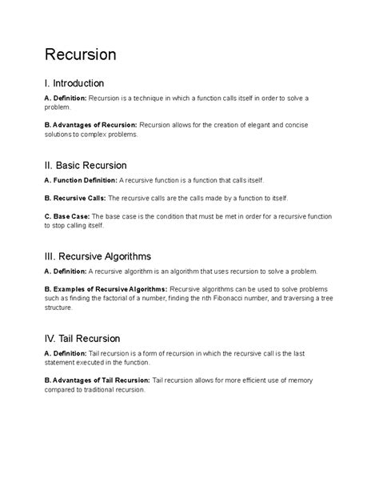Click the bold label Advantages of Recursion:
point(94,124)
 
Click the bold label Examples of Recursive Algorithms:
point(110,288)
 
